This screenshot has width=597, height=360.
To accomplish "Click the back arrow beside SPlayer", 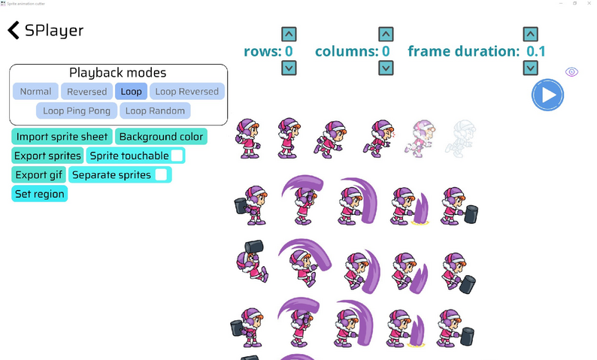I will coord(14,30).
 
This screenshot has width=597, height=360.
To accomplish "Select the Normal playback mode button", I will coord(35,92).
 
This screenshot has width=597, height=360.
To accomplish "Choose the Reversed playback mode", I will coord(86,92).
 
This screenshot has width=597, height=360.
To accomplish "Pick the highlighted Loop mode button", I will coord(131,92).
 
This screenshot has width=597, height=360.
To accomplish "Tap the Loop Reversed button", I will coord(186,92).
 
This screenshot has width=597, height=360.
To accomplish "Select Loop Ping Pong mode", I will coord(76,110).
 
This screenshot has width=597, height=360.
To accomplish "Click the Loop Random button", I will coord(155,110).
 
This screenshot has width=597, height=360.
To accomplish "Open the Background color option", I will coord(160,137).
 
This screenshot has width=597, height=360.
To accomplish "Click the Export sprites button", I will coord(48,156).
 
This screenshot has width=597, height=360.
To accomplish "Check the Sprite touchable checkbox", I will coord(177,156).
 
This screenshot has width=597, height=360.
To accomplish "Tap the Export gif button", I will coord(39,175).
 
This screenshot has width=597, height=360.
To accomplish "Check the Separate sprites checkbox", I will coord(161,175).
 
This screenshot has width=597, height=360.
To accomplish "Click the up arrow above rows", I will coord(289,34).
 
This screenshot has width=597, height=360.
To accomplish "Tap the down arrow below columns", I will coord(386,68).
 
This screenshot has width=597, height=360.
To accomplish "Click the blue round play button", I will coord(547,95).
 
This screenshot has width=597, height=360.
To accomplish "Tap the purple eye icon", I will coord(571,72).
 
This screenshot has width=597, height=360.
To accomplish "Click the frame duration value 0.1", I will coord(536,52).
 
